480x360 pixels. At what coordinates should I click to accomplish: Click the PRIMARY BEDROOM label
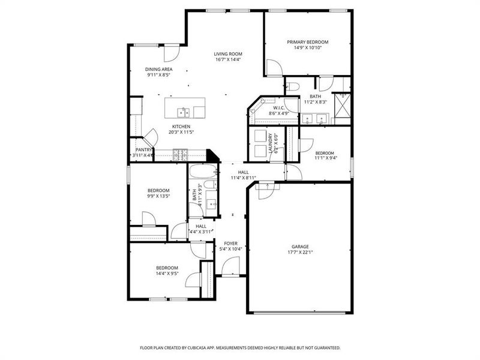point(308,42)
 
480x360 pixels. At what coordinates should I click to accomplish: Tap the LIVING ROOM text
point(228,54)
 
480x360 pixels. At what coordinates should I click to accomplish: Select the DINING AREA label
point(158,69)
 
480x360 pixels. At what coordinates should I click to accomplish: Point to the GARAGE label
point(300,246)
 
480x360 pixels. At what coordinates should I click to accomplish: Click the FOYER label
point(230,243)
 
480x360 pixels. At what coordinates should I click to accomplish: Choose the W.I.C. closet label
point(278,108)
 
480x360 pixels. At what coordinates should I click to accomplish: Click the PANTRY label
point(143,150)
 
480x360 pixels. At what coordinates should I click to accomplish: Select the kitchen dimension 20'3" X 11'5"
point(181,133)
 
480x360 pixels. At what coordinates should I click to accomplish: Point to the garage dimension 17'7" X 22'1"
point(300,253)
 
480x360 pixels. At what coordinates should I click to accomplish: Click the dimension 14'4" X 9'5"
point(167,274)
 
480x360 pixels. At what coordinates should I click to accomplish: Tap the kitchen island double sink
point(183,112)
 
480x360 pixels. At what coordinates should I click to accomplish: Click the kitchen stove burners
point(180,156)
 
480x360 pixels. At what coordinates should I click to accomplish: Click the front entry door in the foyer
point(230,268)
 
